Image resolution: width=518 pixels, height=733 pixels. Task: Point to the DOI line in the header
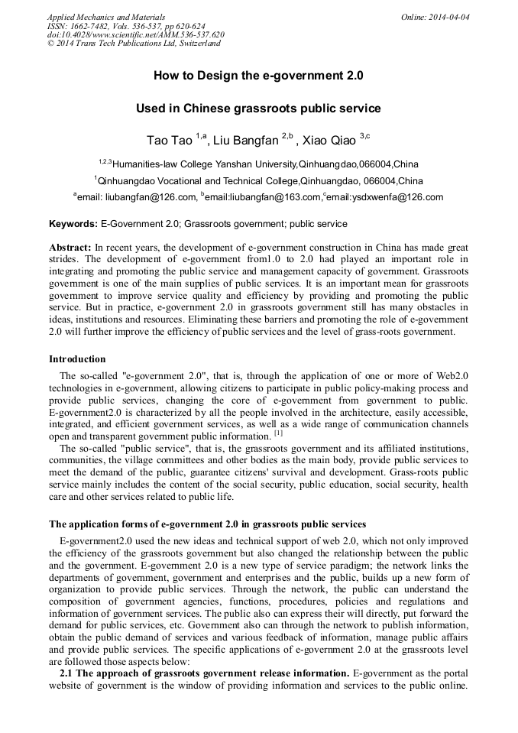pos(135,34)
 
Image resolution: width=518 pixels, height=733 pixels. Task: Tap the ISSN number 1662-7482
pos(86,25)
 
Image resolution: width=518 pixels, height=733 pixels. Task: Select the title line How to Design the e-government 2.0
pos(258,76)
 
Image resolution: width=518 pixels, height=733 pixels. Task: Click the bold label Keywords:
pos(73,224)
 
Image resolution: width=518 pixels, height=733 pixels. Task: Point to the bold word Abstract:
pos(70,249)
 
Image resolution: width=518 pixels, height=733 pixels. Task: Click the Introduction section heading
pos(77,358)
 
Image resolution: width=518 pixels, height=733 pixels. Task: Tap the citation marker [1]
pos(279,433)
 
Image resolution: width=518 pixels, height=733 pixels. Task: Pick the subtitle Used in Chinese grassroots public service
pos(258,109)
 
